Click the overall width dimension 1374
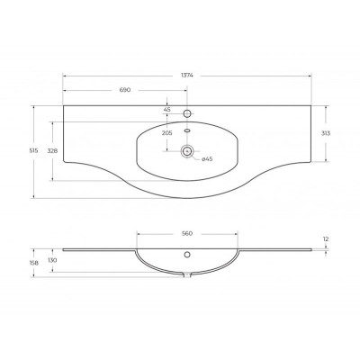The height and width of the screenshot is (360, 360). [187, 76]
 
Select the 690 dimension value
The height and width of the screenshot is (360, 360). [125, 90]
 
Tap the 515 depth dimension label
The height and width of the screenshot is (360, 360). [34, 151]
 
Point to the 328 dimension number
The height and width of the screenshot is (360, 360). [52, 151]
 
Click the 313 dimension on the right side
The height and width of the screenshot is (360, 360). [326, 133]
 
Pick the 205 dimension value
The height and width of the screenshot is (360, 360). [166, 133]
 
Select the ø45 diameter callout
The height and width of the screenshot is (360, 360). [207, 159]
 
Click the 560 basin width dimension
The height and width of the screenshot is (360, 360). [187, 234]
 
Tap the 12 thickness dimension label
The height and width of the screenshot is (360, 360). [326, 239]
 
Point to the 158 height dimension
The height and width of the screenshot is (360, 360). [34, 263]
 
